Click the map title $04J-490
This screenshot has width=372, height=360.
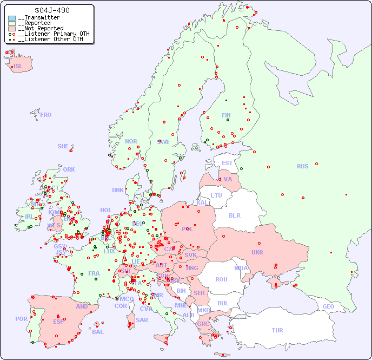click(52, 10)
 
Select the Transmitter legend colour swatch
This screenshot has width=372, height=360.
click(12, 18)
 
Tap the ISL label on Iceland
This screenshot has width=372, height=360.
click(18, 67)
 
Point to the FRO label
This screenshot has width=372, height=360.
click(46, 115)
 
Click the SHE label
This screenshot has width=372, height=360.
click(63, 146)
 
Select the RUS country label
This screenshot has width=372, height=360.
click(302, 166)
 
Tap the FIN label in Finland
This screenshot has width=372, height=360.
click(226, 115)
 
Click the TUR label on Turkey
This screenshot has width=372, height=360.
click(277, 330)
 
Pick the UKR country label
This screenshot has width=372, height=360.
click(257, 252)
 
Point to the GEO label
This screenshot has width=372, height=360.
click(328, 306)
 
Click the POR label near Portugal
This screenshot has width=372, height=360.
click(21, 319)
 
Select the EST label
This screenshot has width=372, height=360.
click(227, 163)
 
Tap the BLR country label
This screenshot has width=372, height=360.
click(235, 215)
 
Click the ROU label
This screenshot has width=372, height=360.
click(221, 279)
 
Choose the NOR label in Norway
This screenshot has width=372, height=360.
click(131, 141)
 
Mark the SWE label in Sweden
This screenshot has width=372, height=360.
click(163, 142)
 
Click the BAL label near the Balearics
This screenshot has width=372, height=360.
click(98, 332)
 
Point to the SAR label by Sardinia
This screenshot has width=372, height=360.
click(142, 320)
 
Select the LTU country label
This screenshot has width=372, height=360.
click(216, 195)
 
